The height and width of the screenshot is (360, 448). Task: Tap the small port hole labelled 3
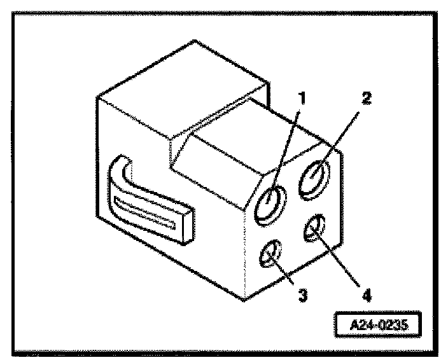pyautogui.click(x=270, y=254)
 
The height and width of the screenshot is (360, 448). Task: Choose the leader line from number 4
pyautogui.click(x=340, y=261)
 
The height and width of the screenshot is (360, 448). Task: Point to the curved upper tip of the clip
pyautogui.click(x=122, y=166)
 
